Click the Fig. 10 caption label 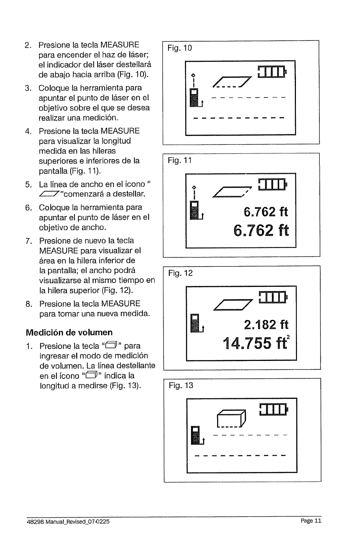pos(180,48)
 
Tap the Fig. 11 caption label pos(180,161)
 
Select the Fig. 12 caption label pos(180,273)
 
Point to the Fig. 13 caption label pos(181,386)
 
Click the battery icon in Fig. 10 pos(271,72)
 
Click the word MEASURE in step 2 pos(120,45)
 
